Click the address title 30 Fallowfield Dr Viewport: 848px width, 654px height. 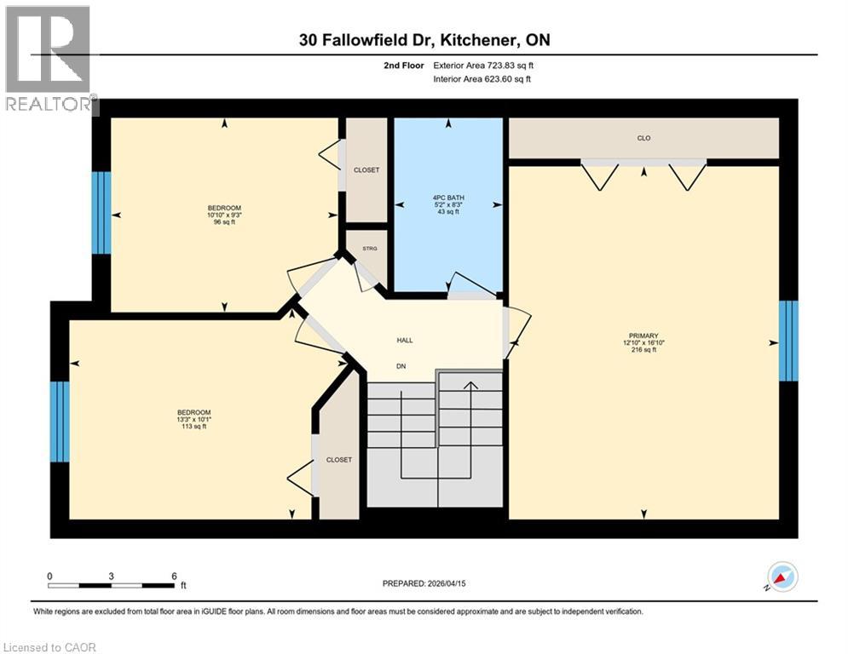[424, 40]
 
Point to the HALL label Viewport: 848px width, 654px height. [405, 340]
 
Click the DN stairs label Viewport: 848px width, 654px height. [401, 367]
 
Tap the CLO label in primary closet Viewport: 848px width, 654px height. [643, 138]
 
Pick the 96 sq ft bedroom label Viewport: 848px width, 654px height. [224, 214]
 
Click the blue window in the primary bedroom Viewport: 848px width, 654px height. [789, 341]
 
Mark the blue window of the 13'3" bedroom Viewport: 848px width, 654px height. [59, 422]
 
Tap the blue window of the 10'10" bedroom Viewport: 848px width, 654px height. [101, 213]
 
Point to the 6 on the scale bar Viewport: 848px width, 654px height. [173, 576]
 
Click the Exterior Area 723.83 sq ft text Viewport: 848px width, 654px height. [483, 65]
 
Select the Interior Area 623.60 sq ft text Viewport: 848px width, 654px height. [483, 80]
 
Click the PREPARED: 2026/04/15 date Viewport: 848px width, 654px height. [424, 583]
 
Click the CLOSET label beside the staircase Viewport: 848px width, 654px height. [338, 460]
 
